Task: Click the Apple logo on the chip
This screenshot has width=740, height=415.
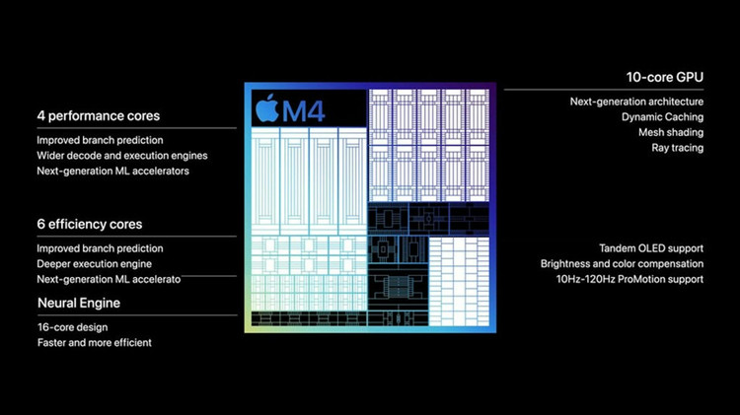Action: pyautogui.click(x=266, y=108)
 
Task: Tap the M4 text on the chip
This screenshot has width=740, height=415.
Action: pyautogui.click(x=304, y=110)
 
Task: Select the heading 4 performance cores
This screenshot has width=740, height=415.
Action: pyautogui.click(x=98, y=116)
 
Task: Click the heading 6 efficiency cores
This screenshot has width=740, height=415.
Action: pyautogui.click(x=90, y=225)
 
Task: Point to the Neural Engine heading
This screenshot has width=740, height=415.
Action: pyautogui.click(x=79, y=302)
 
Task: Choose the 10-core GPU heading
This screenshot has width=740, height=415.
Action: pyautogui.click(x=665, y=76)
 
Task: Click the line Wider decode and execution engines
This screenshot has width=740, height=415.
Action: pyautogui.click(x=122, y=156)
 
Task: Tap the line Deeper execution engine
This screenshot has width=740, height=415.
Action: pyautogui.click(x=95, y=264)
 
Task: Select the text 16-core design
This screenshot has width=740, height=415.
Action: pyautogui.click(x=72, y=326)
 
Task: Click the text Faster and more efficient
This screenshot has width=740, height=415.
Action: pyautogui.click(x=95, y=342)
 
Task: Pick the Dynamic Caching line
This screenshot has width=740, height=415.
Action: pyautogui.click(x=662, y=117)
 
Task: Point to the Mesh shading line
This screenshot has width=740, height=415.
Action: pyautogui.click(x=671, y=132)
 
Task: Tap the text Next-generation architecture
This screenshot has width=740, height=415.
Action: pyautogui.click(x=636, y=102)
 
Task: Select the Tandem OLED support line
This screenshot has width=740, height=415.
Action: pyautogui.click(x=651, y=248)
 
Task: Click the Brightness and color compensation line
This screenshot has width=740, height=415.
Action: pyautogui.click(x=622, y=264)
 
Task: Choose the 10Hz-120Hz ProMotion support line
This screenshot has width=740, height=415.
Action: pyautogui.click(x=629, y=280)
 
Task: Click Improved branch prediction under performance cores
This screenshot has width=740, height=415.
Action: pyautogui.click(x=100, y=140)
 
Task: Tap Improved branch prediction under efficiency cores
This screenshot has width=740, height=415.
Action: pyautogui.click(x=100, y=248)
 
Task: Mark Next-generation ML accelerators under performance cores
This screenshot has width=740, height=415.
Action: pyautogui.click(x=112, y=172)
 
